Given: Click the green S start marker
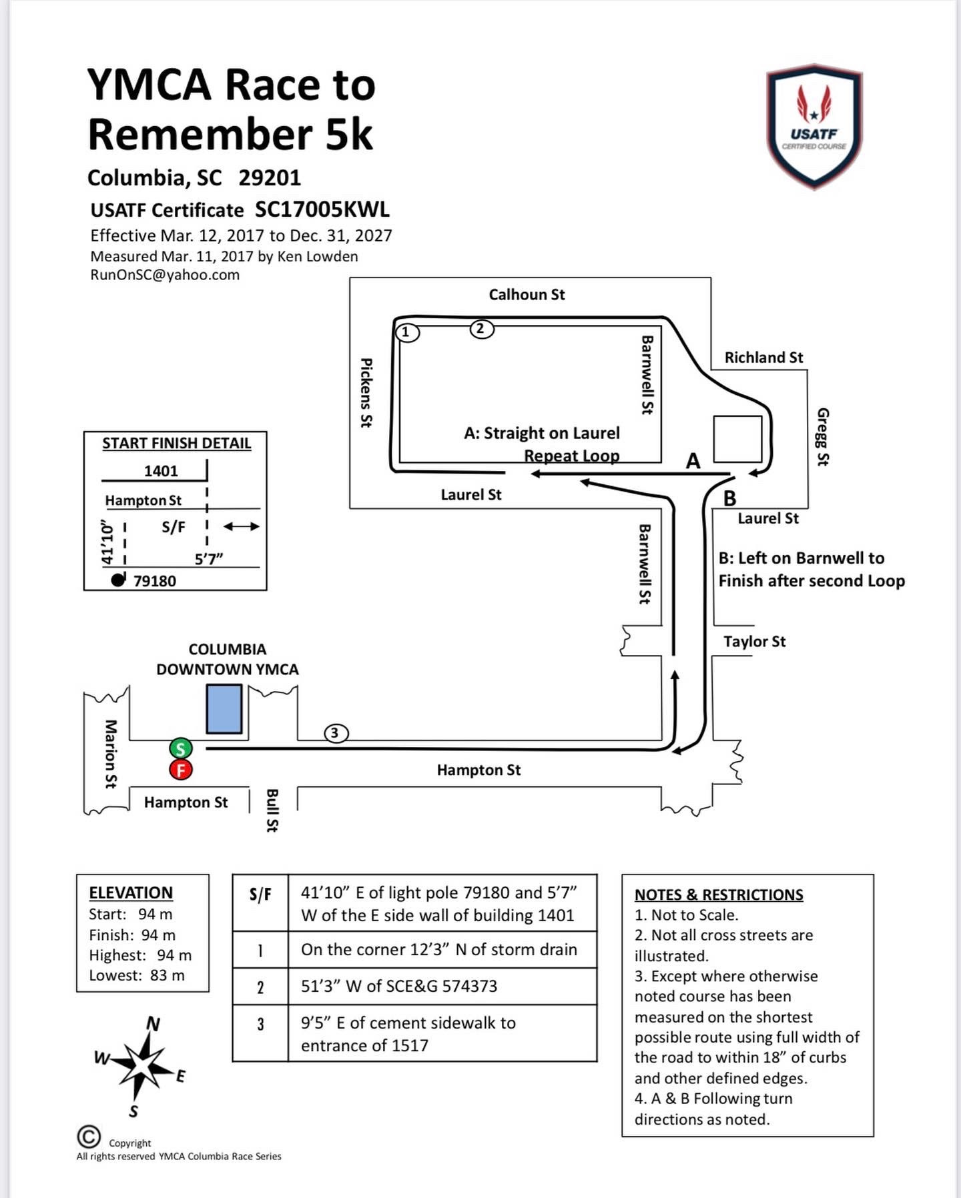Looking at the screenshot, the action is point(180,748).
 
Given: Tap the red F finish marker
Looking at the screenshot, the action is point(181,770).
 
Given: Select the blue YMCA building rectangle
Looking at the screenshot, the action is point(224,709).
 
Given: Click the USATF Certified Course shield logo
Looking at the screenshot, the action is point(814,127).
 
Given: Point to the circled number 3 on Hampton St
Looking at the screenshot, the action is point(336,733).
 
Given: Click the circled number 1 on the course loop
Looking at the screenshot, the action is point(407,332).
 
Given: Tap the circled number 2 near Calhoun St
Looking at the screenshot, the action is point(482,328).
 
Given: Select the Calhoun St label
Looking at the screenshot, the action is point(527,294).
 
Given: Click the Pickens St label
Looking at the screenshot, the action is point(366,393).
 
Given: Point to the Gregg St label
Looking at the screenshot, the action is point(823,437).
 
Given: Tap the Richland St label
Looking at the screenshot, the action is point(763,358).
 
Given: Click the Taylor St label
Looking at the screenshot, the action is point(755,641).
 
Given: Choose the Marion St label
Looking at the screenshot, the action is point(111,754).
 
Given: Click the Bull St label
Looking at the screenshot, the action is point(272,810).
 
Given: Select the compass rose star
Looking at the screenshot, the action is point(139,1065).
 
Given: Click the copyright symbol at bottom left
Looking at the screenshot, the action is point(89,1136).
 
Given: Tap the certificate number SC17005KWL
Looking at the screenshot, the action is point(322,209).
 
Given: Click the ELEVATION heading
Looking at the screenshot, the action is point(131,892).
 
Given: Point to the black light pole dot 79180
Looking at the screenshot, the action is point(118,580).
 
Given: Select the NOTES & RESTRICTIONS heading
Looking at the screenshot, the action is point(719,894).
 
